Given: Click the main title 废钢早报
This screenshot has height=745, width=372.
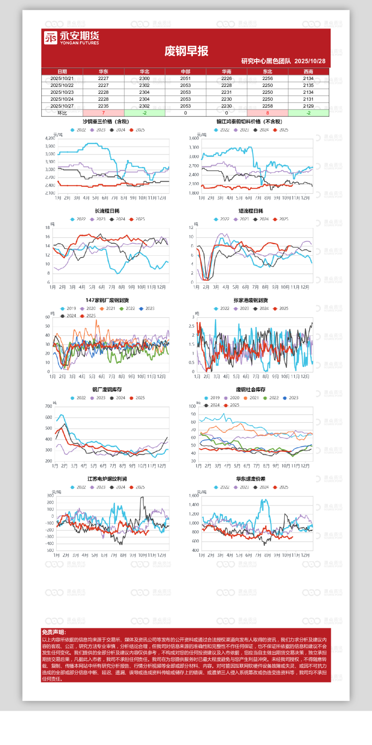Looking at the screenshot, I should pos(186,51).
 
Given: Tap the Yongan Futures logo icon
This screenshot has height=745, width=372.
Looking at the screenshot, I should pos(51,38).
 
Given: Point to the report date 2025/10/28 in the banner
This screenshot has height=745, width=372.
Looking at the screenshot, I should pos(310,61).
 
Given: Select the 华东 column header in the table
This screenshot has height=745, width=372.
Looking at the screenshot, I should pos(103,72).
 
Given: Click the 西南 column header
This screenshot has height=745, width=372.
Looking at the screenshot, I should pos(308,72).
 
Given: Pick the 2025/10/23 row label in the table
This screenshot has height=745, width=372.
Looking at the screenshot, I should pos(62,92).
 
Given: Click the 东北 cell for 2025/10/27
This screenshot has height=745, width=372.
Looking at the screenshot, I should pos(267,106).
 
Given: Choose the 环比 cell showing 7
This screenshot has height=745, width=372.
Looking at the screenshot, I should pos(103,113).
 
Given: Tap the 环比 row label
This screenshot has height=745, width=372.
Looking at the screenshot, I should pos(62,113).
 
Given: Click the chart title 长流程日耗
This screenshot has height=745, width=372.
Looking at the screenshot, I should pos(107,211).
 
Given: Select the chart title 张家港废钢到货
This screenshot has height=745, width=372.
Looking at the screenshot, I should pos(250,300).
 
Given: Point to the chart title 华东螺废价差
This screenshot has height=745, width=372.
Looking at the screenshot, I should pos(250,479).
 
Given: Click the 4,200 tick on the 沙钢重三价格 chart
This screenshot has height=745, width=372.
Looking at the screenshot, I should pos(50,138).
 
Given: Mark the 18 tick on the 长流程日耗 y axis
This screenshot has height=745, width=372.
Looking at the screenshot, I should pos(48,228).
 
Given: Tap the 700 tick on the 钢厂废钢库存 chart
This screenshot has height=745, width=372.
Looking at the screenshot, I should pos(49,407).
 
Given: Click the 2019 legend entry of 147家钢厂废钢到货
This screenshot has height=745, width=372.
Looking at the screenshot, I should pos(68,309).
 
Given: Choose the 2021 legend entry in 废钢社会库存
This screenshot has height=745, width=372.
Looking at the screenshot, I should pos(252,398).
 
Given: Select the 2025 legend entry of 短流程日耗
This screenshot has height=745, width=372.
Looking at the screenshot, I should pos(282,219).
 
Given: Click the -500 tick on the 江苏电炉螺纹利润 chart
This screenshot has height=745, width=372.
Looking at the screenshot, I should pos(50,550).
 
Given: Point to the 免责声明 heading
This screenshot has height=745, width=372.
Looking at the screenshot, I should pos(54,632).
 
